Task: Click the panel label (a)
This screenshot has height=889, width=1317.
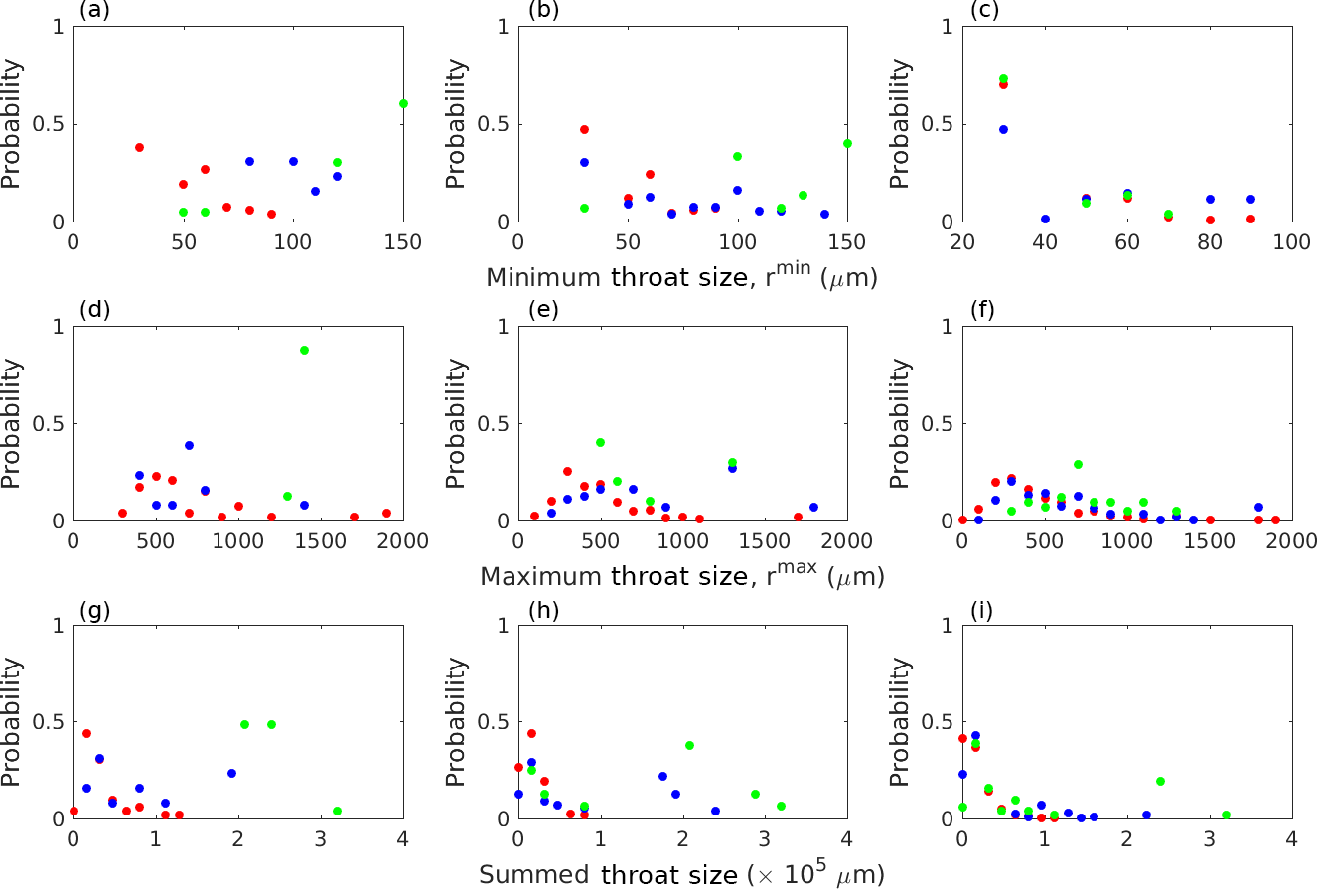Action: click(87, 12)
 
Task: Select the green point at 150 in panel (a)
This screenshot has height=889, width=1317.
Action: click(403, 103)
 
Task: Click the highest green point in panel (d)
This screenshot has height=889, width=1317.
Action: click(304, 350)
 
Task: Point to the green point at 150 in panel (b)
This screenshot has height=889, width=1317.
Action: click(847, 143)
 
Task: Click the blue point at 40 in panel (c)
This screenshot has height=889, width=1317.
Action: click(1016, 219)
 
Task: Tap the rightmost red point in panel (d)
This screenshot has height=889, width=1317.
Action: click(386, 513)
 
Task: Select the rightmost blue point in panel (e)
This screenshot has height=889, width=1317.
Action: click(813, 507)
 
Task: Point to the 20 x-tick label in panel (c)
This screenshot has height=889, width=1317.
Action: click(961, 241)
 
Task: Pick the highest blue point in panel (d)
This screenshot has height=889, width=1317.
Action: click(189, 445)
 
